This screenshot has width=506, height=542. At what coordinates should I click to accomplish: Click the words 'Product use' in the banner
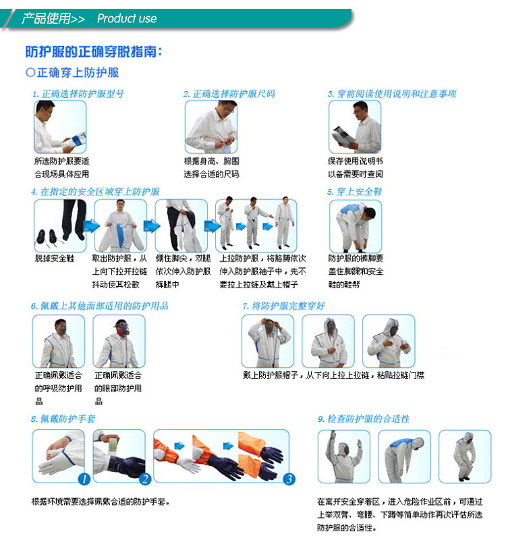click(x=127, y=18)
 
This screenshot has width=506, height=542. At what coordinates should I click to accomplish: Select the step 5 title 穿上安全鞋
click(x=355, y=192)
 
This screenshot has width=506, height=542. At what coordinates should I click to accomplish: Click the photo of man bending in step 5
click(x=356, y=225)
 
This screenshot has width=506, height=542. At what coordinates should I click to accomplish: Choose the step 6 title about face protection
click(x=99, y=306)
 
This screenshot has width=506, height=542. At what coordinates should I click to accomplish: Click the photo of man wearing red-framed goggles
click(x=119, y=341)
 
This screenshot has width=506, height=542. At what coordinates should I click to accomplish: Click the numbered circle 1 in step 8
click(x=83, y=479)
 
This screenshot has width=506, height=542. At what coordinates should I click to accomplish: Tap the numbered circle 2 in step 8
click(x=144, y=479)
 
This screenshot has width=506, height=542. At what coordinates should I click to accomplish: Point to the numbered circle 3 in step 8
click(x=288, y=479)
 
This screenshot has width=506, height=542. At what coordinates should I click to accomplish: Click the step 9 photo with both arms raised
click(x=344, y=456)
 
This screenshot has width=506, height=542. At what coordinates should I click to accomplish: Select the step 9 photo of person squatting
click(x=465, y=456)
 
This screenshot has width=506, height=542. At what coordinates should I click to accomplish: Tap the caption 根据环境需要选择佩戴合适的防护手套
click(x=101, y=502)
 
